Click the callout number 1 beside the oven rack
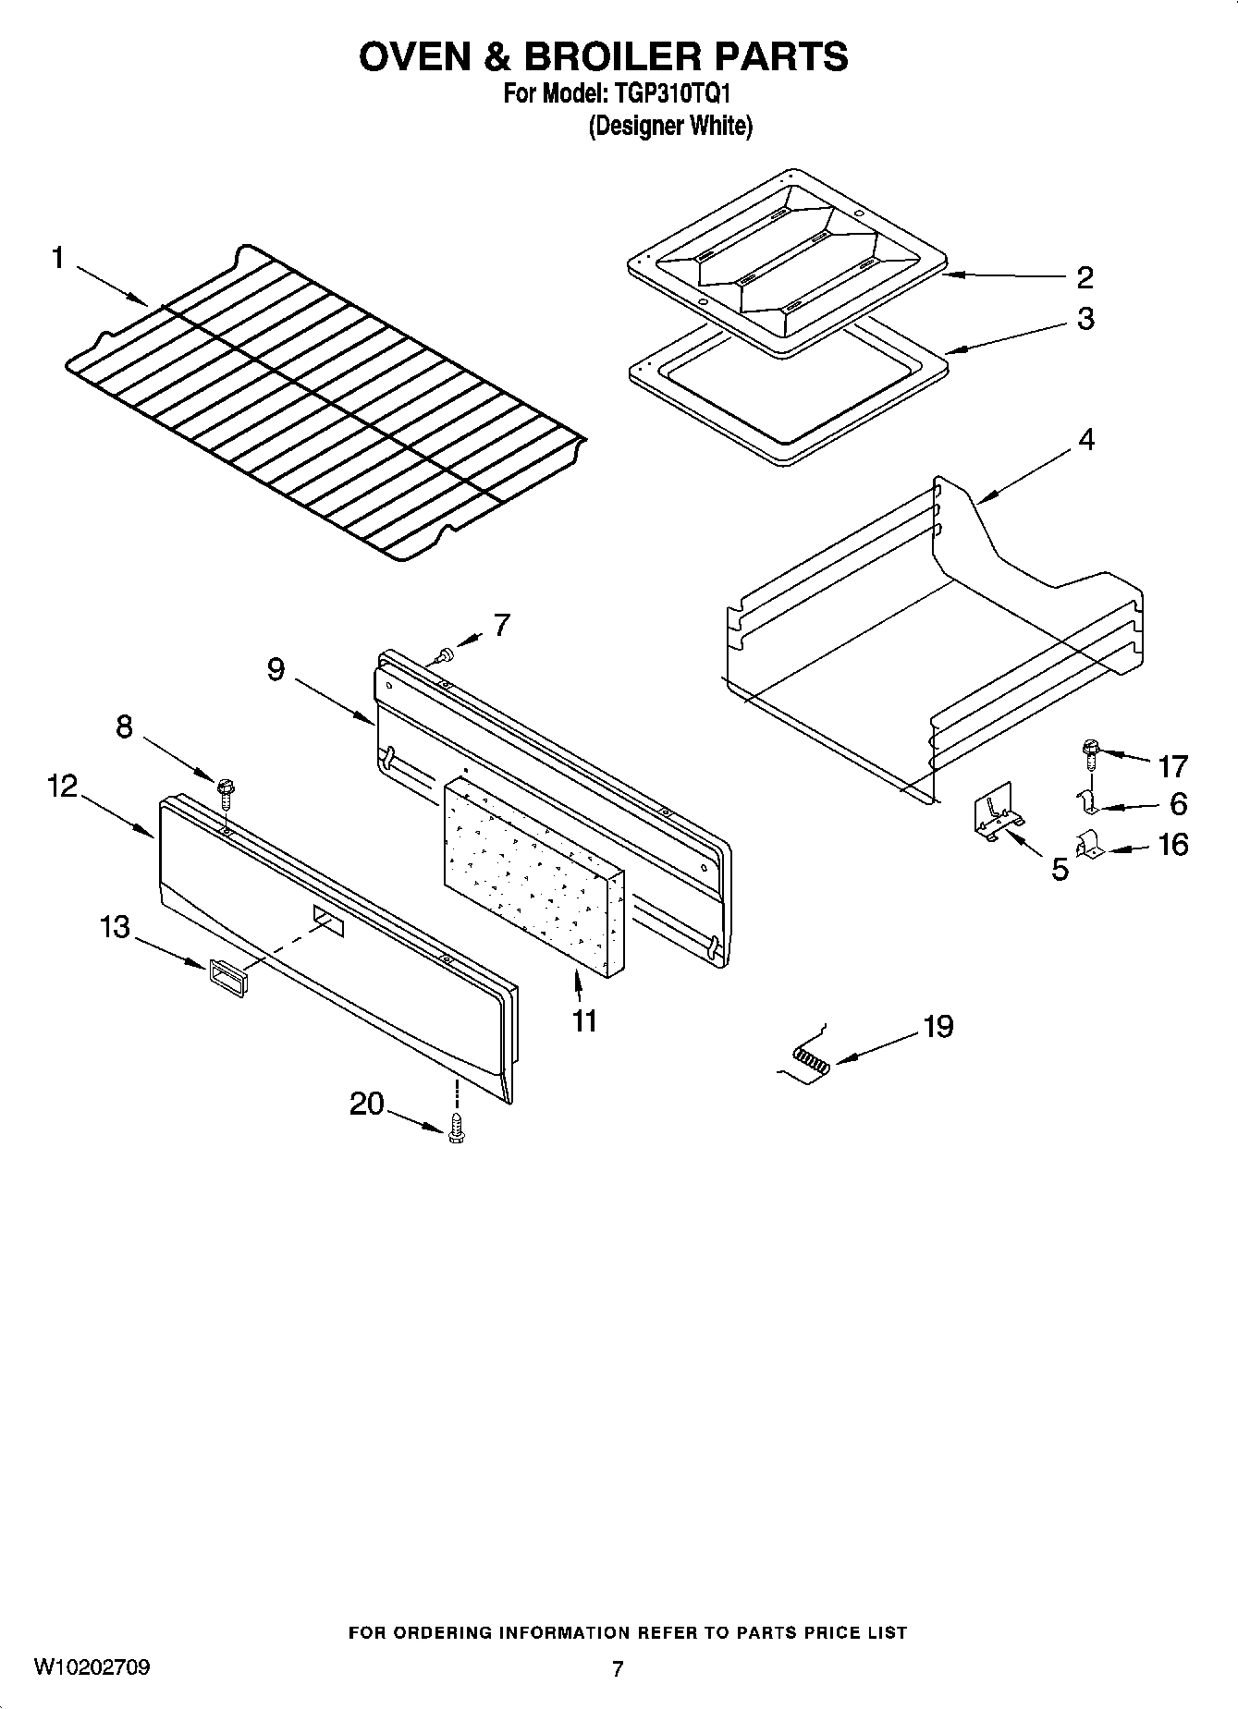click(57, 258)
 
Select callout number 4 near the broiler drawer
click(1086, 440)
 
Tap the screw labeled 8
click(225, 789)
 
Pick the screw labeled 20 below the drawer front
click(455, 1129)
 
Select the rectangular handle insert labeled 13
click(228, 976)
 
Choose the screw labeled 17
click(1089, 753)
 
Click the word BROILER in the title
click(612, 56)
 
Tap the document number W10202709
click(92, 1667)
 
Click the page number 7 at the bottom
click(618, 1668)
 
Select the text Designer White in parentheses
click(670, 126)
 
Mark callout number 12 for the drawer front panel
click(63, 787)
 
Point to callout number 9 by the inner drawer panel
click(276, 670)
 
